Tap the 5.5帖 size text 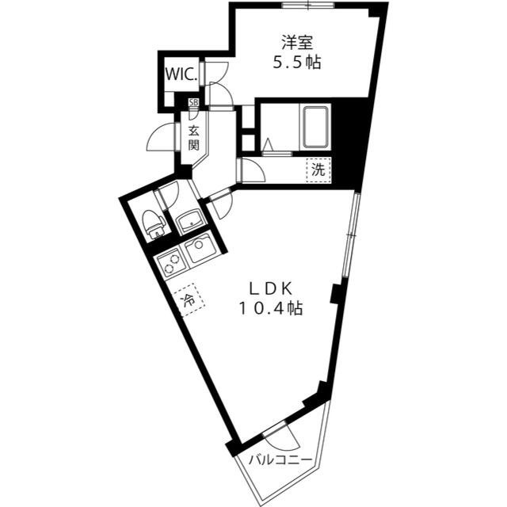[295, 63]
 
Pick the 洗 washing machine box [318, 169]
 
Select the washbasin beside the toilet [189, 221]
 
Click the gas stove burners [170, 263]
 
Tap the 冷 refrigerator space [189, 300]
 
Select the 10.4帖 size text [270, 308]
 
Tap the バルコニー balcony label [276, 459]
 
